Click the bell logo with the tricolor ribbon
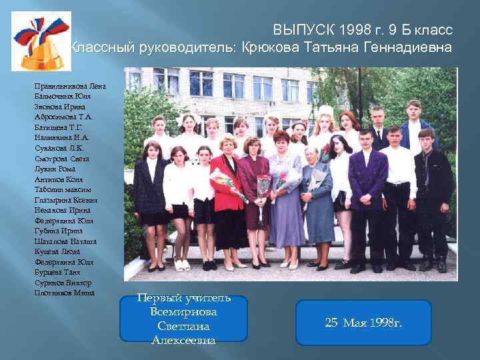pos(41,41)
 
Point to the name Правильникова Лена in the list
pos(70,86)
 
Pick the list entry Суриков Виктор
pos(64,283)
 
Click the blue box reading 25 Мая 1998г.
pos(363,323)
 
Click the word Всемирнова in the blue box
pos(184,312)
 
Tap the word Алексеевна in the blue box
pos(184,340)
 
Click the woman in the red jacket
pos(227,193)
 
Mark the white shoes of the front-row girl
pos(181,265)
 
